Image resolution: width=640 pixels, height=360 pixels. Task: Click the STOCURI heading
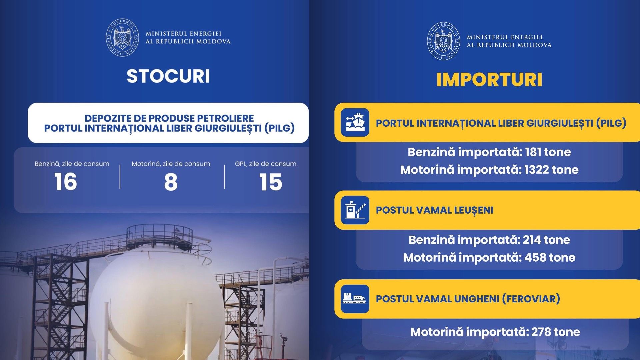(168, 76)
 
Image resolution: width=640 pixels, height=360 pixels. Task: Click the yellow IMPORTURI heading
(489, 80)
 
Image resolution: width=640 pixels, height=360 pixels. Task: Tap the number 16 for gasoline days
(66, 182)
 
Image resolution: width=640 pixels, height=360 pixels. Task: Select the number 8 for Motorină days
(171, 182)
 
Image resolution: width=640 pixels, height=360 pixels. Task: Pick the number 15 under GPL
(270, 182)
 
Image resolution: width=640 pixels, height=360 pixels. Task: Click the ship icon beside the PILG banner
(355, 122)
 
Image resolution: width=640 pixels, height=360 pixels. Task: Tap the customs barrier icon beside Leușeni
(355, 210)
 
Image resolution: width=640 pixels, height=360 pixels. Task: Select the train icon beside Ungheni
(355, 299)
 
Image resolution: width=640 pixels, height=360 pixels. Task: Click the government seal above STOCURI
(122, 37)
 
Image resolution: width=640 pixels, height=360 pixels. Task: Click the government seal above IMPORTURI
(443, 41)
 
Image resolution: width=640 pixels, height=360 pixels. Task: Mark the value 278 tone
(555, 332)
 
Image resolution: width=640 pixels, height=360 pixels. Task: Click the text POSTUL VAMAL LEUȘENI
(434, 210)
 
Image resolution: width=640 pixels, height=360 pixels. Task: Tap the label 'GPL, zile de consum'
(265, 164)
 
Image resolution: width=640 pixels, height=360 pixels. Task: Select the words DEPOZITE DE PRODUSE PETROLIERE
(169, 118)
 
